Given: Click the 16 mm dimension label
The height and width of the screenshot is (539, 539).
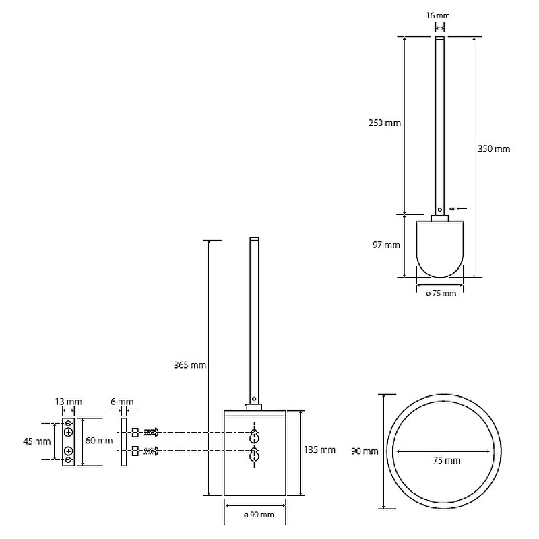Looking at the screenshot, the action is pos(437,15).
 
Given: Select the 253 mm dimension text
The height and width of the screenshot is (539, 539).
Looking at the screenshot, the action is pos(385,123).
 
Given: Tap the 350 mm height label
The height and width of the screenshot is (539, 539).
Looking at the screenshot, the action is pos(494,148).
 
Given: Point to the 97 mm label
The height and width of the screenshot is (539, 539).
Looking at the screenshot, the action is pos(386,245).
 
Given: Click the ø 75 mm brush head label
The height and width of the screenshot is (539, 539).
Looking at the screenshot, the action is pos(441,293).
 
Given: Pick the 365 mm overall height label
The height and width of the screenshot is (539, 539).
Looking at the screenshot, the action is pos(190,364).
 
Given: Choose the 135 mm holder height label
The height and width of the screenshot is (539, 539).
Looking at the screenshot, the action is pos(319,449).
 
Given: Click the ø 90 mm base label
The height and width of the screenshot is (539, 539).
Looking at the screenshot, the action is pos(259,515).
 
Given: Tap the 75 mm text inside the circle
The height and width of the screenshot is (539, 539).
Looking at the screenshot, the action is pos(447,460).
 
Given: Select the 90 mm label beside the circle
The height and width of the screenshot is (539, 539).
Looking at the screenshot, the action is pos(364,451).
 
